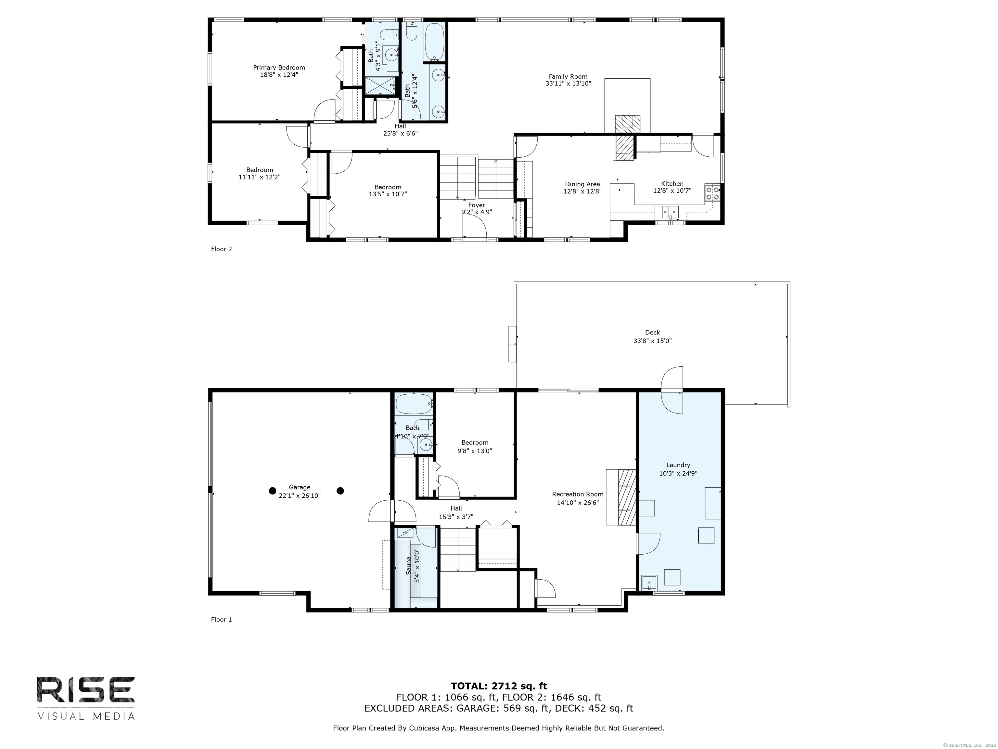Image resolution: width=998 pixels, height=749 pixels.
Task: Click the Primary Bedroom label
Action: coord(279,68)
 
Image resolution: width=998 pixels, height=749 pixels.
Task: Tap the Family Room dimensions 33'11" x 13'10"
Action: coord(568,84)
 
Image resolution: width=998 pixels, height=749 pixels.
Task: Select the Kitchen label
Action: coord(672,183)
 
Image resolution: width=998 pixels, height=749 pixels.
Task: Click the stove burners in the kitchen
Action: coord(712,193)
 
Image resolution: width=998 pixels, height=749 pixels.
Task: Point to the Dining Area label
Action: coord(582,184)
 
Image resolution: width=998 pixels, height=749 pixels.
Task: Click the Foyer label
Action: coord(477,205)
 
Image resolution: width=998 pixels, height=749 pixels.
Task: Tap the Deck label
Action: coord(652,332)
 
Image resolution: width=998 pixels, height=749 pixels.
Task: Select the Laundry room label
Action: coord(678,465)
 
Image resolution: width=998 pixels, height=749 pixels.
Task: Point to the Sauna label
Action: coord(408,565)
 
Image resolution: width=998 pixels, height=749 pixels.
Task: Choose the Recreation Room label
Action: coord(578,494)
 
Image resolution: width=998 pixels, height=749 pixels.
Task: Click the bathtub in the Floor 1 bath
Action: coord(414,404)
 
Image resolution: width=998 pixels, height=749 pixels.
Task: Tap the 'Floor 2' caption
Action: coord(222,249)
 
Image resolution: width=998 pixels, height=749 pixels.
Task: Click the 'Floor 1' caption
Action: coord(222,619)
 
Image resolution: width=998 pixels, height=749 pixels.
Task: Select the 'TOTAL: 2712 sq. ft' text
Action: coord(499,687)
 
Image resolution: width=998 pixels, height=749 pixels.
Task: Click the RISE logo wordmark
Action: coord(86,690)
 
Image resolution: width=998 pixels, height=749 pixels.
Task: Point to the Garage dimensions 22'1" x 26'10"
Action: coord(300,495)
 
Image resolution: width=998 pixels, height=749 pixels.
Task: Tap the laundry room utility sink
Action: coord(649,583)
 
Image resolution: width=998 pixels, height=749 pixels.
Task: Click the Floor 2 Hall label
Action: coord(400,126)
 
